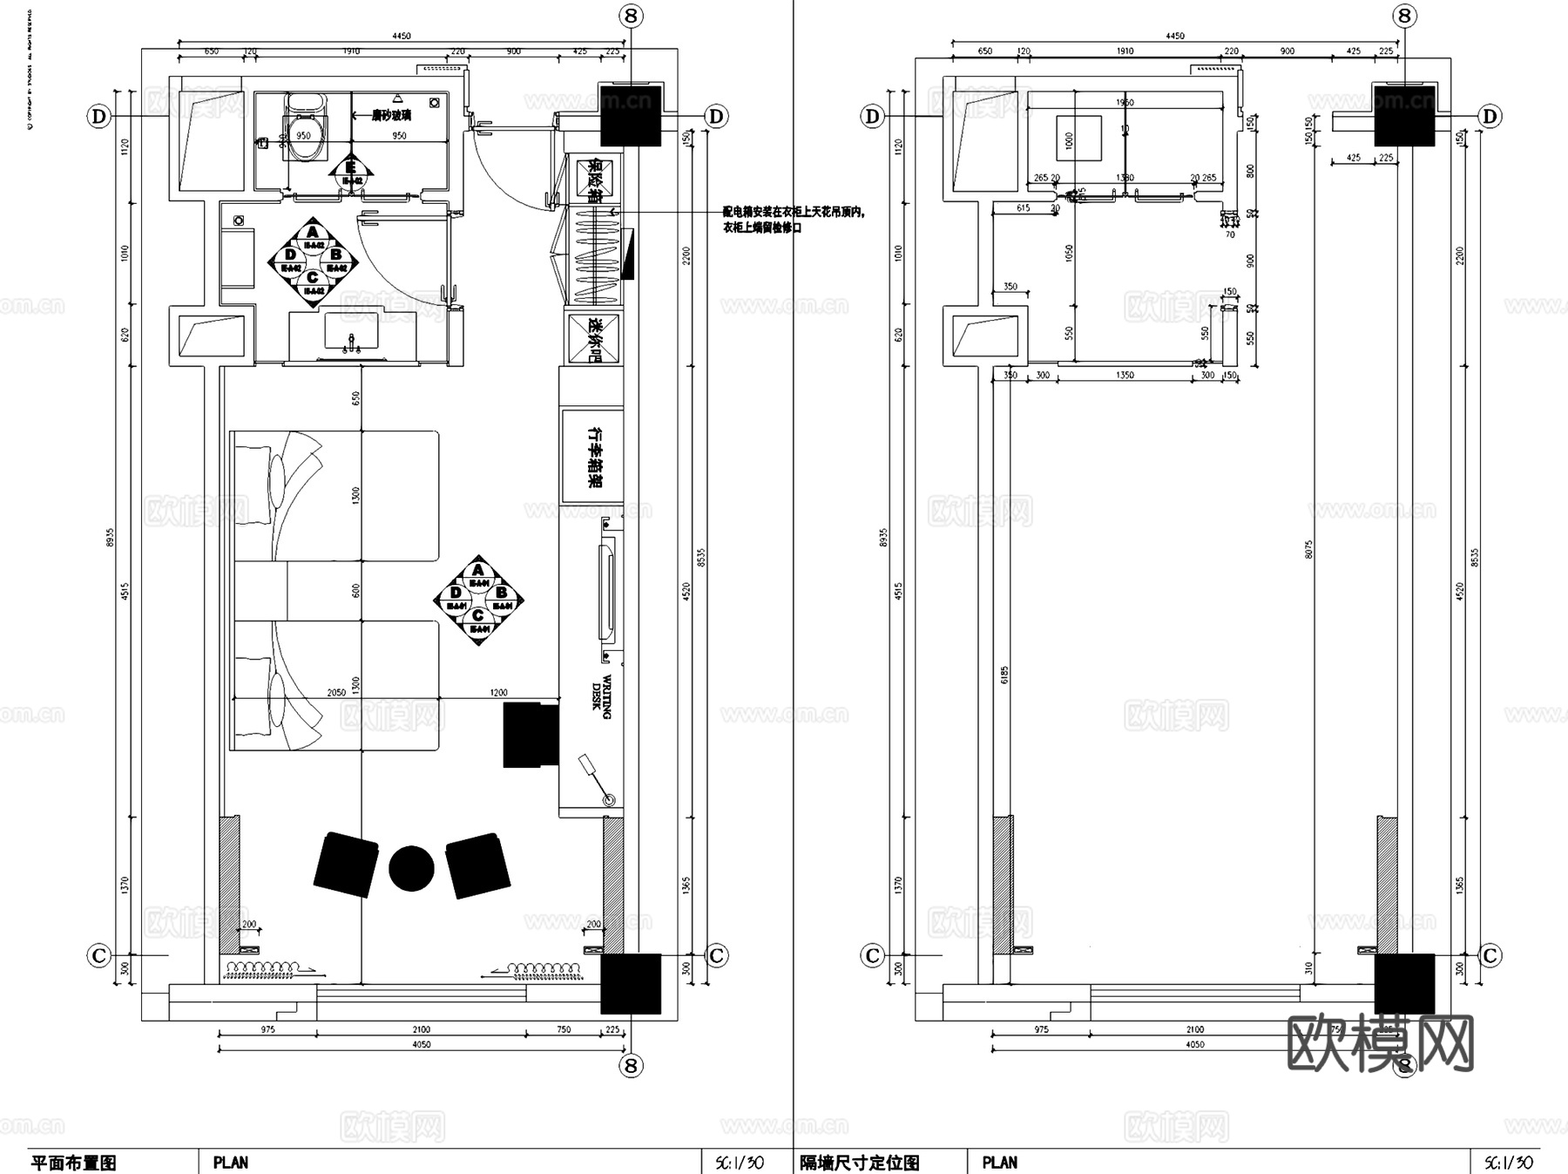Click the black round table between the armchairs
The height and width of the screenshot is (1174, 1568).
[x=411, y=868]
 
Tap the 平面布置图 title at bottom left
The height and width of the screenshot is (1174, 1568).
[x=73, y=1162]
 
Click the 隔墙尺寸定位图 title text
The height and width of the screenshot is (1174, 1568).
[x=859, y=1162]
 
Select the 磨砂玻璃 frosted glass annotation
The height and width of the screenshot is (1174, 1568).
[x=391, y=114]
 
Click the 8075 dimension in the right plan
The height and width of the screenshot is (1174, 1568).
[x=1309, y=549]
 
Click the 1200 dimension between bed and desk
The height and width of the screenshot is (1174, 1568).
[x=498, y=693]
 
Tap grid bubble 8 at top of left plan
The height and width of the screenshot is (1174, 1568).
[x=631, y=16]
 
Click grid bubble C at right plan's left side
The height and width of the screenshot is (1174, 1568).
[x=872, y=955]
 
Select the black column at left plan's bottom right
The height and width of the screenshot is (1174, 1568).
[x=631, y=983]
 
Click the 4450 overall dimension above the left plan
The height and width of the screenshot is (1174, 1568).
[x=401, y=37]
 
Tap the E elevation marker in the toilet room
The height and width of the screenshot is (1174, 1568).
[x=351, y=168]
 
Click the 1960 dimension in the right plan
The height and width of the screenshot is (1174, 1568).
[x=1125, y=103]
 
